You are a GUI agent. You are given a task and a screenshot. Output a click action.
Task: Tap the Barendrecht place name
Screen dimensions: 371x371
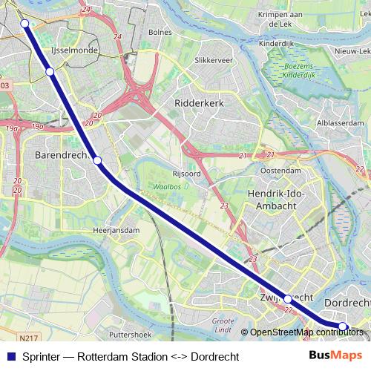(x=64, y=156)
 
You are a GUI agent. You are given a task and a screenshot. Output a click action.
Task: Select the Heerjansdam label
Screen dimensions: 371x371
(x=116, y=231)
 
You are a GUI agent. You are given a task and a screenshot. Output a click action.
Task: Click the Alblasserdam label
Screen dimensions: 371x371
(x=340, y=122)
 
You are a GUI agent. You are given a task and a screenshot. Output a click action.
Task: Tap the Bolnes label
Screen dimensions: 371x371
(x=160, y=32)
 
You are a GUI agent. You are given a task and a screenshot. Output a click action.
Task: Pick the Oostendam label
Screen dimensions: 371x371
(x=281, y=170)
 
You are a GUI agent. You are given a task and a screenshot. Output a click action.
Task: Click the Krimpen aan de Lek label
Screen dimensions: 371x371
(x=285, y=19)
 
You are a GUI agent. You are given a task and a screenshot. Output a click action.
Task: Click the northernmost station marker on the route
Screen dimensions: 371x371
(x=24, y=24)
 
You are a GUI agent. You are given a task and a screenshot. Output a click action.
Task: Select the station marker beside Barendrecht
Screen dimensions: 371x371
(x=96, y=160)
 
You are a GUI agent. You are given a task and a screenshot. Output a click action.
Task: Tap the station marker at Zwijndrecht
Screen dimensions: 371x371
(x=288, y=298)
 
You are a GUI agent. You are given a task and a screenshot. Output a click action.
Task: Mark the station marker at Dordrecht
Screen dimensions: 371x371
(x=343, y=326)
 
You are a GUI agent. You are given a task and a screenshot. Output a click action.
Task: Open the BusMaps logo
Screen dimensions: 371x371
(x=336, y=356)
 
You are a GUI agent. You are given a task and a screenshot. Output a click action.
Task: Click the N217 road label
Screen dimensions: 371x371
(x=29, y=338)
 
